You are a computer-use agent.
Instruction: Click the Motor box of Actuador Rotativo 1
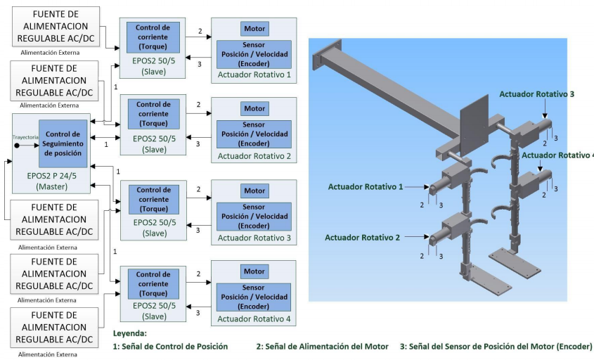coord(254,29)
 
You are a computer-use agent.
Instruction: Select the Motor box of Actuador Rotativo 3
coord(254,190)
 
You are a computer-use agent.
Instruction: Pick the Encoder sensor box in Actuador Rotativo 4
coord(254,297)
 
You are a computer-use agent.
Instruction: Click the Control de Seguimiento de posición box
coord(63,143)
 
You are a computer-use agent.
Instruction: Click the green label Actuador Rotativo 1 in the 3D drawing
coord(366,186)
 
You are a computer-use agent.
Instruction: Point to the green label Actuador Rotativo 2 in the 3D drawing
coord(362,238)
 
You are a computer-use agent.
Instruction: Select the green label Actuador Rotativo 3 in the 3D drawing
coord(538,94)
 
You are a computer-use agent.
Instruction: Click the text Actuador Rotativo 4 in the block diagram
coord(254,319)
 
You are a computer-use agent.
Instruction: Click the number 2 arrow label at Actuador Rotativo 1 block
coord(200,31)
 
